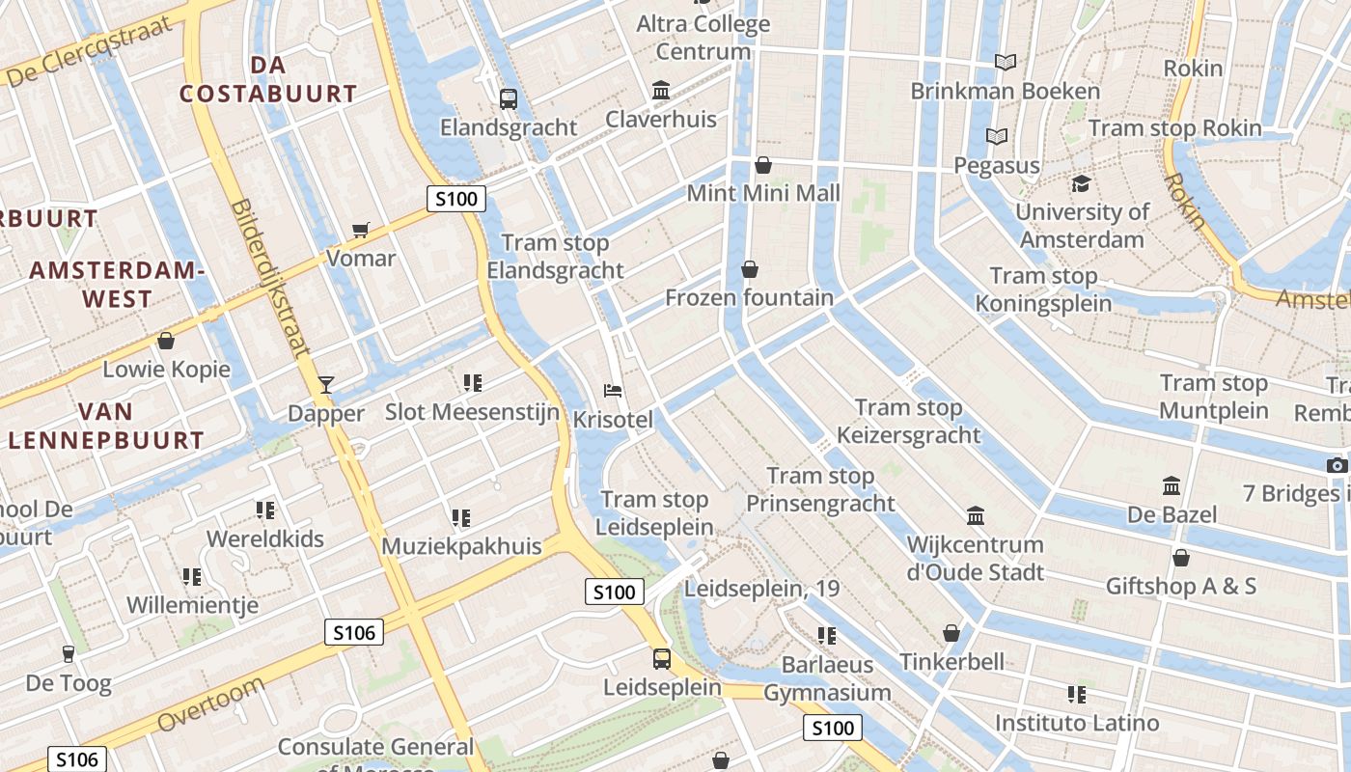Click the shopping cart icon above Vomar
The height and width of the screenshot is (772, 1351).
tap(361, 230)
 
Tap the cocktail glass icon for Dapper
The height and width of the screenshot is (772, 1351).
tap(326, 385)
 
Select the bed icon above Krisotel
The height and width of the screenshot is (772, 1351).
tap(613, 391)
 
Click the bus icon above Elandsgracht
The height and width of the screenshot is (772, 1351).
tap(509, 98)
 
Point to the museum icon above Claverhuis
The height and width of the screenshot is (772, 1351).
tap(662, 90)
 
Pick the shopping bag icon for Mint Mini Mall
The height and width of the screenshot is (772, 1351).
tap(763, 165)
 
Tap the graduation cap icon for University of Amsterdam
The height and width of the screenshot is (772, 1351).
tap(1081, 183)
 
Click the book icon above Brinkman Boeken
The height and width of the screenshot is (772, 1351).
tap(1006, 63)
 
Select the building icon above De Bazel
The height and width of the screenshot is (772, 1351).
tap(1172, 485)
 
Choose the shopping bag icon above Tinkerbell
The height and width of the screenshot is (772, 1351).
tap(951, 633)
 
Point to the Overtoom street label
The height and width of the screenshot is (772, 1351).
tap(210, 704)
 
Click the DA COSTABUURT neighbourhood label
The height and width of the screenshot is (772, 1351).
tap(268, 79)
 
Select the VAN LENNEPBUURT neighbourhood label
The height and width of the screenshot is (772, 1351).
tap(106, 427)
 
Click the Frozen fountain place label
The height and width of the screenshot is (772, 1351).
tap(749, 297)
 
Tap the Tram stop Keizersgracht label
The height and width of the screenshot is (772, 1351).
tap(908, 422)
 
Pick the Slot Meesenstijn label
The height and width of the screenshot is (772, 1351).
tap(472, 412)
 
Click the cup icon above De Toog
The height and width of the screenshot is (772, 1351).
tap(68, 654)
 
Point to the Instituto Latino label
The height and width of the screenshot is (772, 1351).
tap(1077, 723)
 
